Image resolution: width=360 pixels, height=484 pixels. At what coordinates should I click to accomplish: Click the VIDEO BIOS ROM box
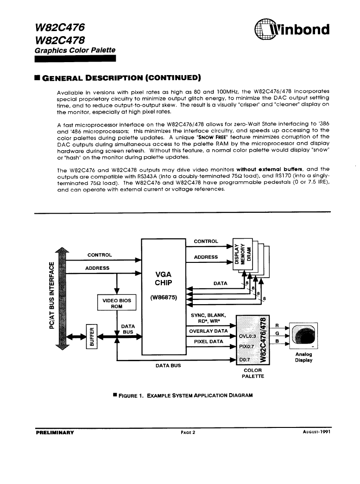(117, 303)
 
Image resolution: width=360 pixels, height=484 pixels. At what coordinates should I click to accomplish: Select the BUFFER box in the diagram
(92, 337)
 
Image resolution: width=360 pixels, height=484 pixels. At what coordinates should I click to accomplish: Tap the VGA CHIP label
(164, 279)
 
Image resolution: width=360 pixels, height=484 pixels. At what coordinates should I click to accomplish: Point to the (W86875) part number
(164, 298)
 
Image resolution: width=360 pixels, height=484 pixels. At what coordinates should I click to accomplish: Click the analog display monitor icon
(303, 335)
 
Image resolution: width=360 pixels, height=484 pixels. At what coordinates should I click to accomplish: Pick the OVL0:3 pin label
(247, 336)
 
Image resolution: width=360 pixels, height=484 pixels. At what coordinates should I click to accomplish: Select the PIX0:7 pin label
(246, 346)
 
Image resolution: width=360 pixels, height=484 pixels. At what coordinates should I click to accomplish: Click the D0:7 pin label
(244, 360)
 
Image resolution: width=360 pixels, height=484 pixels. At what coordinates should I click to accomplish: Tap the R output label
(277, 325)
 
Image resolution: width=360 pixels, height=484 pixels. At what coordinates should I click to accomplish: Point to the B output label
(277, 341)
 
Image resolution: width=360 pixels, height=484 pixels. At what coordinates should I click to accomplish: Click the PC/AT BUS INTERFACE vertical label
(52, 295)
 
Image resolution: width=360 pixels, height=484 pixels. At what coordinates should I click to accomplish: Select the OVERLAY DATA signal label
(208, 331)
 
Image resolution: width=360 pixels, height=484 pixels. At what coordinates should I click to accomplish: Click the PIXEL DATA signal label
(208, 341)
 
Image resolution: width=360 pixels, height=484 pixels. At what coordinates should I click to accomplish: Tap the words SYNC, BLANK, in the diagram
(208, 315)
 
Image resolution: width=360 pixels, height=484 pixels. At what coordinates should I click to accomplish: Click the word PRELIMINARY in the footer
(55, 433)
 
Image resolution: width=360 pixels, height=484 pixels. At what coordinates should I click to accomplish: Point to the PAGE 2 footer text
(188, 433)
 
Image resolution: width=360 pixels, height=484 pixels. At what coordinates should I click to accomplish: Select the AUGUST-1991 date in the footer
(316, 432)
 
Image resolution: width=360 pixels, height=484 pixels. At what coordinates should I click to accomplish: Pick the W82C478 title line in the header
(60, 40)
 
